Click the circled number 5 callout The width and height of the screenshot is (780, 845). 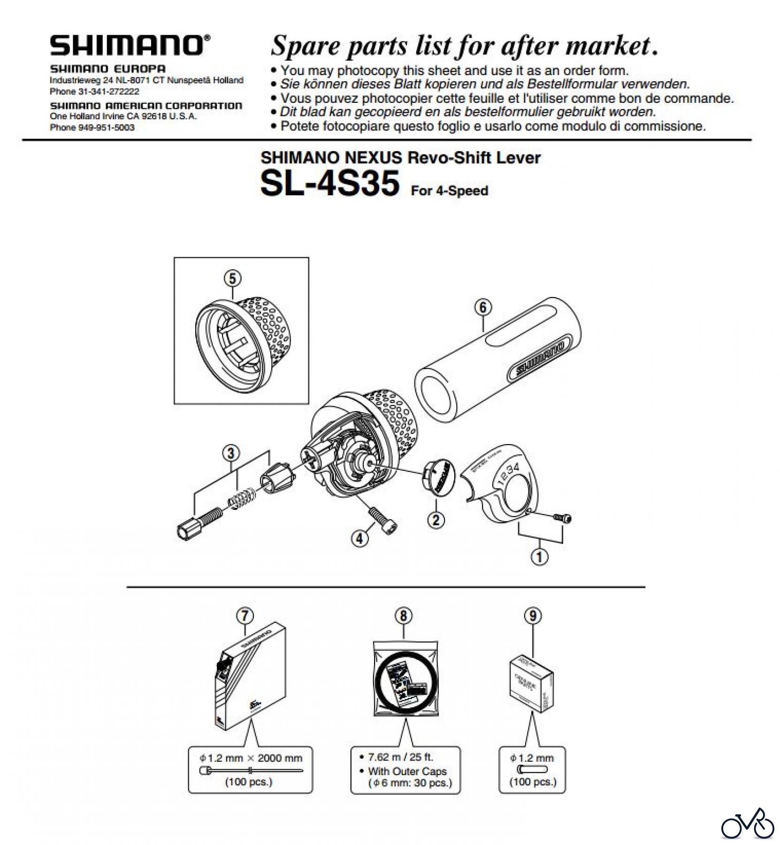point(232,278)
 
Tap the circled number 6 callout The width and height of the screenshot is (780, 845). point(483,307)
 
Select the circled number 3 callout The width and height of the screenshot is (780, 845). point(231,453)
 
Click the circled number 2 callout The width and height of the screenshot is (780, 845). point(436,520)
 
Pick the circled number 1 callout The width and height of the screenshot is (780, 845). point(539,557)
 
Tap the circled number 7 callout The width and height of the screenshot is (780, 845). point(245,616)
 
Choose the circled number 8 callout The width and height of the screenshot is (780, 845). point(404,616)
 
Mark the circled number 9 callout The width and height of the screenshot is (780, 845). point(533,616)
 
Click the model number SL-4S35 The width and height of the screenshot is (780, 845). point(329,183)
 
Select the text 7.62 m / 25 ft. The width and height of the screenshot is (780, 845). point(400,757)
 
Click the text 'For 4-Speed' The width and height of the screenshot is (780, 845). point(449,191)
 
